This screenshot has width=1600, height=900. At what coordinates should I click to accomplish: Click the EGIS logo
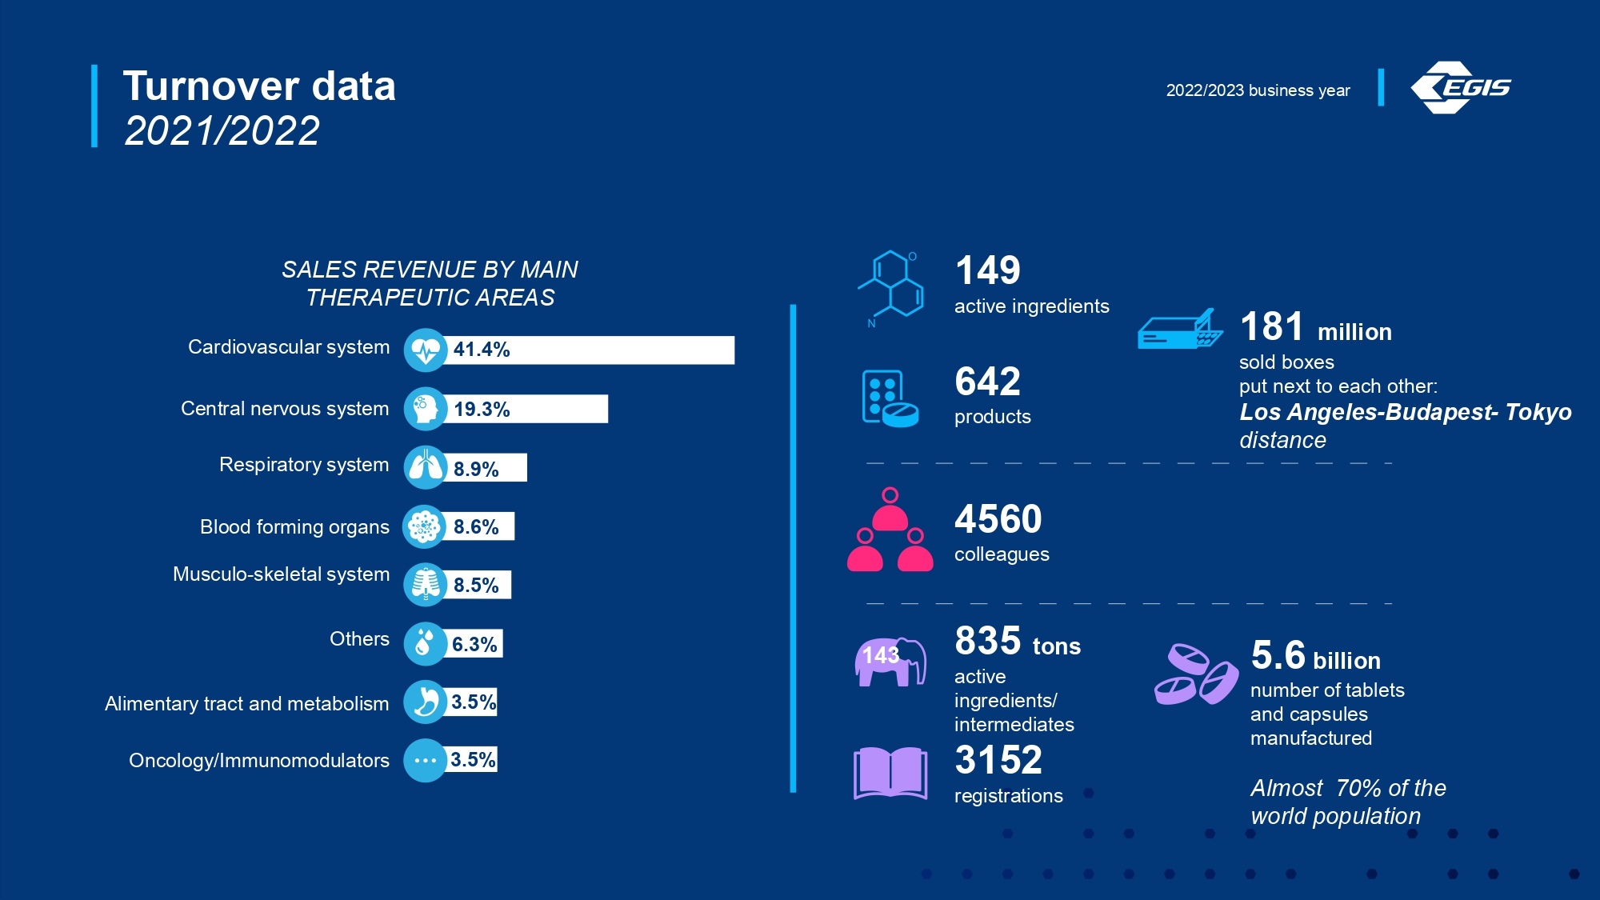pos(1461,87)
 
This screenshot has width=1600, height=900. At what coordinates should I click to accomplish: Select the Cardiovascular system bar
pos(588,350)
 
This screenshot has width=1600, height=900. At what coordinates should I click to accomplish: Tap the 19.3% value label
pos(482,409)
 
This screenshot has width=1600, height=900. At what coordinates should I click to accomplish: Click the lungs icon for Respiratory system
pos(426,467)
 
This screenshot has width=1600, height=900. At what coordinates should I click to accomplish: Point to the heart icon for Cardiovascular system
pos(426,350)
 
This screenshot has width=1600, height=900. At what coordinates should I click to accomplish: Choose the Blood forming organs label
pos(294,526)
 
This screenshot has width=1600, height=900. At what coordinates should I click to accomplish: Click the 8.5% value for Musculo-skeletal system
pos(476,585)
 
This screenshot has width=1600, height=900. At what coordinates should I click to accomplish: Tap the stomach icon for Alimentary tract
pos(426,702)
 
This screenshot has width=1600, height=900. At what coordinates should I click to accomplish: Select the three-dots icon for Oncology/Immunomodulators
pos(426,760)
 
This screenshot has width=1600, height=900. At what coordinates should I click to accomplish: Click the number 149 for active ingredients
pos(988,270)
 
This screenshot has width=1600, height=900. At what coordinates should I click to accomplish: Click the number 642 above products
pos(988,382)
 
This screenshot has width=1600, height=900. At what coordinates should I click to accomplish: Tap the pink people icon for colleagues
pos(890,530)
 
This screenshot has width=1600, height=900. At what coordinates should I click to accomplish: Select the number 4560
pos(998,519)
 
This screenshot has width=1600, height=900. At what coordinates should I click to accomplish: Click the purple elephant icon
pos(890,662)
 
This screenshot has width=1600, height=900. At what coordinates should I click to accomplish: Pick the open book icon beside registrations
pos(890,773)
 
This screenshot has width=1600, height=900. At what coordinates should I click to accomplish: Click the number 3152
pos(998,760)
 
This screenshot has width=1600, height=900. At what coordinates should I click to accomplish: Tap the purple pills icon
pos(1196,674)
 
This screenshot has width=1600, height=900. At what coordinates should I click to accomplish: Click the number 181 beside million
pos(1272,326)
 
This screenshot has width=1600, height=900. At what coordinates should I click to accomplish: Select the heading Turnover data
pos(259,86)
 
